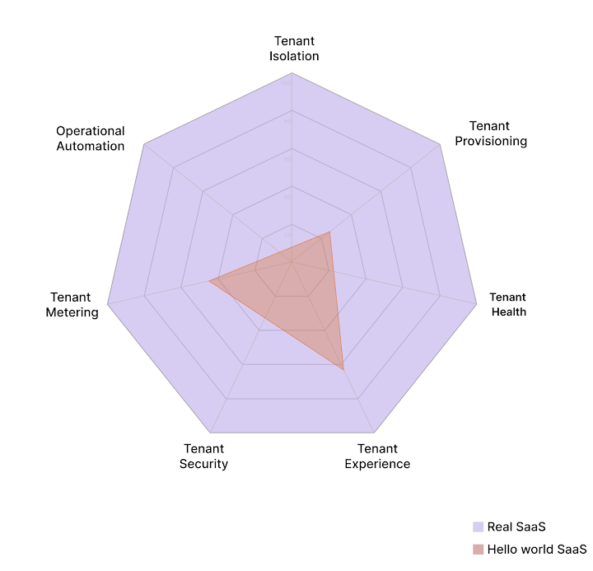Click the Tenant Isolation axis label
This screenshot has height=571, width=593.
pos(293,49)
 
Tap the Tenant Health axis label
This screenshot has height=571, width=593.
pos(508,305)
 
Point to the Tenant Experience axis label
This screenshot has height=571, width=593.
pos(377,456)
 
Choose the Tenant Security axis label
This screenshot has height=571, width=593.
pos(203,456)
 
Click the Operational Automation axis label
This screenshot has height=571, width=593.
pos(91,138)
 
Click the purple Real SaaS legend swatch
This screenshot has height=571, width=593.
pos(478,527)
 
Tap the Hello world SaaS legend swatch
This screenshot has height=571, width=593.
pos(478,550)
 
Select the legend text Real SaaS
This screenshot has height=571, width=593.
pos(516,527)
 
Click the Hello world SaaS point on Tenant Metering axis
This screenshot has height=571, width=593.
pos(209,282)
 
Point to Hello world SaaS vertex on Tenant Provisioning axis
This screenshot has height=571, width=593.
pos(329,232)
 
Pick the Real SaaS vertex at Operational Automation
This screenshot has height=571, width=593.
pos(143,144)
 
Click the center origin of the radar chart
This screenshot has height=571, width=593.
pos(292,263)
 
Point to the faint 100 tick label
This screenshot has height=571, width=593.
pos(287,83)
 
